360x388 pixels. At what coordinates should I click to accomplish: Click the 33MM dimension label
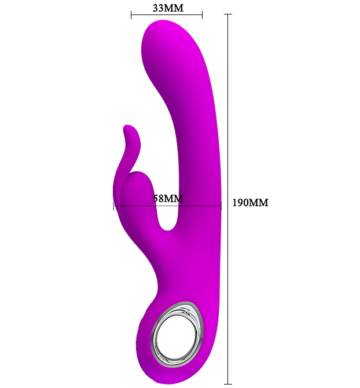[168, 8]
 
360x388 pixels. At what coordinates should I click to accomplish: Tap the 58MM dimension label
[168, 199]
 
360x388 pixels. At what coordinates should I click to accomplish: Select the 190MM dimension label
[250, 203]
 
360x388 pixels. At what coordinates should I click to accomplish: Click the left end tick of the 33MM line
[131, 15]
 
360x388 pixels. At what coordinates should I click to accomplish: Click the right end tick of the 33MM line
[202, 15]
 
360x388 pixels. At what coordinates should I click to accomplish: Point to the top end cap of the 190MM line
[227, 14]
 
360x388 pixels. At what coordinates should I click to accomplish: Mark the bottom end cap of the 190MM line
[227, 384]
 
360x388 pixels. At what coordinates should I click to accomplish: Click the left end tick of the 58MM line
[113, 206]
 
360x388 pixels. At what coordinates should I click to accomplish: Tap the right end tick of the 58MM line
[221, 206]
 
